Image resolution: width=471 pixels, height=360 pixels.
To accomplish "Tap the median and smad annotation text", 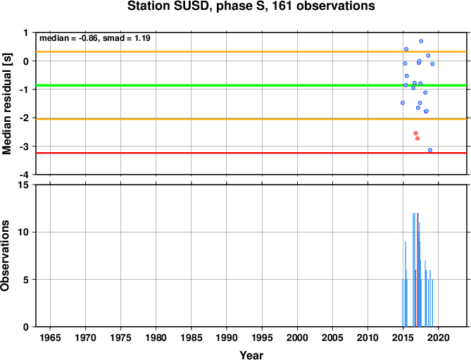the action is tap(95, 38).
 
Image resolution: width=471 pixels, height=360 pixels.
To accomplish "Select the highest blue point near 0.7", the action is tap(421, 41).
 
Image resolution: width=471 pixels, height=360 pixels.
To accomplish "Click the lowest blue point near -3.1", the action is tap(430, 150).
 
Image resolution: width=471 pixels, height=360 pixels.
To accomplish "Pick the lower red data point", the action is tap(417, 138).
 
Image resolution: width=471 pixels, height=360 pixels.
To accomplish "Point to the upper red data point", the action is tap(415, 133).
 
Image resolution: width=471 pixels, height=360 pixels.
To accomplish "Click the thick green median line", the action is tap(251, 85).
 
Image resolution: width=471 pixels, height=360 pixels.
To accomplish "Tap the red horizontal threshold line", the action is tap(251, 153).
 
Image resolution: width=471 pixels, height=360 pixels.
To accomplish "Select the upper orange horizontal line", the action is tap(251, 51).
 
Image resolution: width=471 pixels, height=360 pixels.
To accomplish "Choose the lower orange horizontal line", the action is tap(251, 119).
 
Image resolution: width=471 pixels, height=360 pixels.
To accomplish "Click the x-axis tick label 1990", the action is tap(227, 337).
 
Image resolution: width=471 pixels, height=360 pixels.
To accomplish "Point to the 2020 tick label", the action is tap(438, 337).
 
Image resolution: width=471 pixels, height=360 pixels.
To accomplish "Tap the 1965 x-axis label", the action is tap(50, 337).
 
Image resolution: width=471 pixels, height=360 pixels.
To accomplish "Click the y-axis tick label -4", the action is tap(26, 175).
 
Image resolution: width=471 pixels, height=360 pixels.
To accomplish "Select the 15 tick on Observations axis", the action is tap(23, 185).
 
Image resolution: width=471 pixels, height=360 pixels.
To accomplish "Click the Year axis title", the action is tap(251, 355).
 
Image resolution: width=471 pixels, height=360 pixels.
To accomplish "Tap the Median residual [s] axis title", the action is tap(6, 104).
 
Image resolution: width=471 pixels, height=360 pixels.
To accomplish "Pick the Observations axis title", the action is tap(6, 256).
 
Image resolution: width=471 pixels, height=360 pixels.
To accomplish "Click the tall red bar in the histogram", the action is tap(417, 270).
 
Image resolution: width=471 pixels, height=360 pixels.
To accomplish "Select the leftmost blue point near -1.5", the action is tap(403, 103).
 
